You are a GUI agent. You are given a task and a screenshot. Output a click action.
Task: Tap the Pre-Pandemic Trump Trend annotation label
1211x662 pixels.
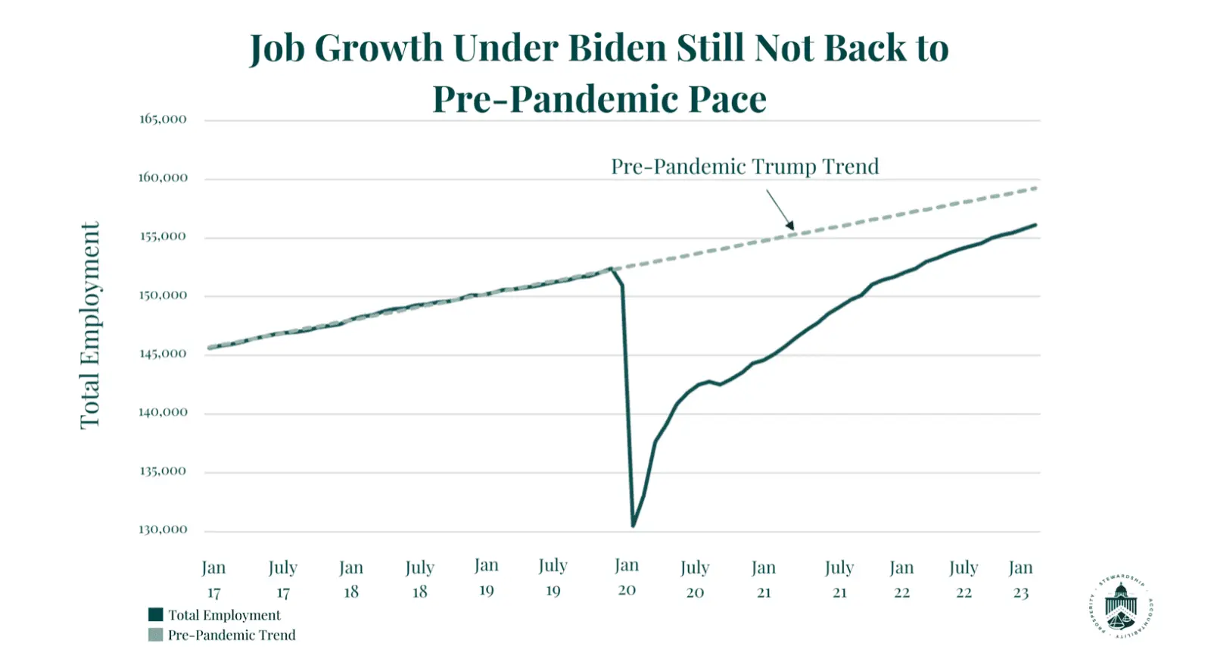click(x=745, y=167)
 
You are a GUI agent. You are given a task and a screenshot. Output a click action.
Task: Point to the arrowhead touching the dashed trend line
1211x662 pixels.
click(x=791, y=226)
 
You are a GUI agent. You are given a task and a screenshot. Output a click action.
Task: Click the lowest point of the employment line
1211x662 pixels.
click(x=633, y=526)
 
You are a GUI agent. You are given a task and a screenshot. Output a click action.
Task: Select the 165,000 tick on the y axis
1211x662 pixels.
click(x=163, y=119)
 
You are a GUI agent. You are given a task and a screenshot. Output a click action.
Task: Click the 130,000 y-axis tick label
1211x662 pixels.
click(x=163, y=529)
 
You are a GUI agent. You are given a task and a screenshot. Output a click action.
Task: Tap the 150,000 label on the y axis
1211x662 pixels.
click(x=163, y=295)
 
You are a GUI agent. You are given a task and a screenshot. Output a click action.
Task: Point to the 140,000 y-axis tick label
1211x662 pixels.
click(x=163, y=412)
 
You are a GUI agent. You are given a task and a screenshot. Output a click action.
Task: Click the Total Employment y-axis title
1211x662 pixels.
click(x=90, y=326)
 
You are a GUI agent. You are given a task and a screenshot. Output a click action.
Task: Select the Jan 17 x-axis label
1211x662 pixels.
click(x=213, y=579)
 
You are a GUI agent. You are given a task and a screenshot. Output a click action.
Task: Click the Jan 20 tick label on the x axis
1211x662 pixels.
click(x=627, y=577)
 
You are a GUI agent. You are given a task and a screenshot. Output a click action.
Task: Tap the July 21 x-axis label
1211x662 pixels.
click(x=839, y=579)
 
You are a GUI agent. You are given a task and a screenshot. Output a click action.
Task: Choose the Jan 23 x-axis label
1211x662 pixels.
click(x=1021, y=579)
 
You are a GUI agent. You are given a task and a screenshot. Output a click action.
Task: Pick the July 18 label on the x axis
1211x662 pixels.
click(x=420, y=579)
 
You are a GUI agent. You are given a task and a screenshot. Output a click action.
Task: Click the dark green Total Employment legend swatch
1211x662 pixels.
click(x=156, y=615)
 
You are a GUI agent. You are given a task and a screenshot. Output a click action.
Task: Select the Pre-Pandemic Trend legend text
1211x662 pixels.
click(x=232, y=635)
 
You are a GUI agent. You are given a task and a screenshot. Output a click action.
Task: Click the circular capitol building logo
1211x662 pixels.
click(x=1121, y=607)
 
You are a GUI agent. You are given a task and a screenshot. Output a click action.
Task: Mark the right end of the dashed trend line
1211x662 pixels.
click(x=1035, y=188)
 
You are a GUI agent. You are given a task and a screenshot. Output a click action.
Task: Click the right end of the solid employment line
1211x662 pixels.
click(x=1035, y=225)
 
